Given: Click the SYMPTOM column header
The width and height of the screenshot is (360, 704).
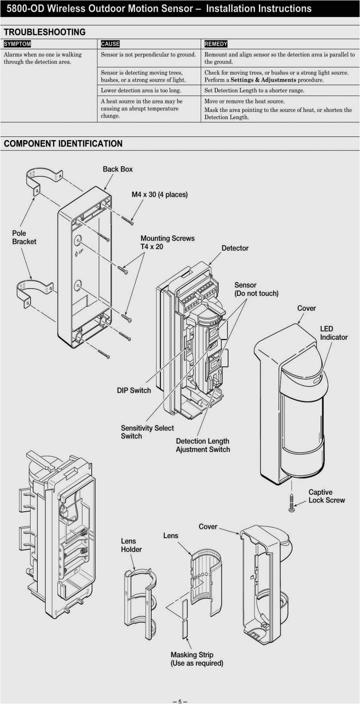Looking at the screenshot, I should [17, 44].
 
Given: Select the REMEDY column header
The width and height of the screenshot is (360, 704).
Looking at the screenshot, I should [216, 44].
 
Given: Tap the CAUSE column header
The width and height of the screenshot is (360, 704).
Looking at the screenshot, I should [110, 44].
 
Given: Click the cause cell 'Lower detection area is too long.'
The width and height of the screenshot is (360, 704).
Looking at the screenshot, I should [141, 91].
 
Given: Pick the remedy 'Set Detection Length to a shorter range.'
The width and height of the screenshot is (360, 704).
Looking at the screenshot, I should [254, 91].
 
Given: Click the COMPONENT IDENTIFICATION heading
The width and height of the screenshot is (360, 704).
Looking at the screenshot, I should [63, 144].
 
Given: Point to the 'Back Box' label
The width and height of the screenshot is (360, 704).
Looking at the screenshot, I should [117, 169].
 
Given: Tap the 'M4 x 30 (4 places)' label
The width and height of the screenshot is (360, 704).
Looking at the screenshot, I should [160, 194].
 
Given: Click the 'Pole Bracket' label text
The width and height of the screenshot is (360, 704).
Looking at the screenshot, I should [24, 237].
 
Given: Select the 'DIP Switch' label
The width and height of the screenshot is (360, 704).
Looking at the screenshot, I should [134, 390].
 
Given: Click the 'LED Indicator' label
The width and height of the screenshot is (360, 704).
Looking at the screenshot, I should [333, 333].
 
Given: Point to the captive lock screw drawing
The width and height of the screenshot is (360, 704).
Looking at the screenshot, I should [292, 503].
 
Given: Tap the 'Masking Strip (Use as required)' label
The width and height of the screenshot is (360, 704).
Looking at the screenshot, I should [197, 659].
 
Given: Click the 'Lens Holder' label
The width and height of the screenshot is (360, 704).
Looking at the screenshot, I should [131, 545].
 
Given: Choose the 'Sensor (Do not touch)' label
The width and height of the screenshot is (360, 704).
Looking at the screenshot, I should [256, 289].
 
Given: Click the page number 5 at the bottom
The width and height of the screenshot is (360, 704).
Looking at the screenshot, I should [180, 701].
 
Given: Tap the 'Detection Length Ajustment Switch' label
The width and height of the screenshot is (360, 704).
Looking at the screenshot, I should [203, 445].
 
